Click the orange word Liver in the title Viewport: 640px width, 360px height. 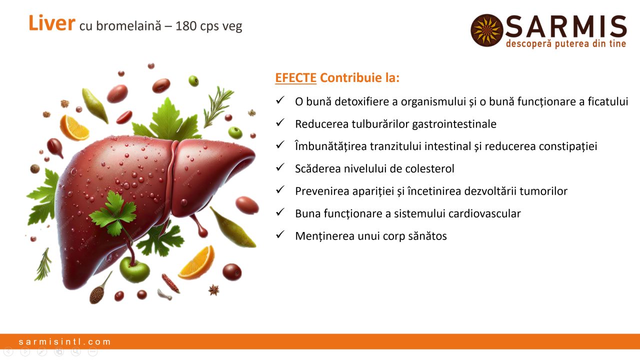tap(51, 23)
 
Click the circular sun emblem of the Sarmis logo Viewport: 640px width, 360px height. tap(486, 30)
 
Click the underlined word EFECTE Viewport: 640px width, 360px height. tap(295, 77)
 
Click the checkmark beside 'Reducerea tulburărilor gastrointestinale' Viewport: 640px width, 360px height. tap(280, 122)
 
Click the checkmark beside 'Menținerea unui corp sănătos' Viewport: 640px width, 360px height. tap(280, 234)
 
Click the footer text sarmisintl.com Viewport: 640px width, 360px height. tap(64, 341)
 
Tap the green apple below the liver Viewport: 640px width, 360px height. tap(134, 269)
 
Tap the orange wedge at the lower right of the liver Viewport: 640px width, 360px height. tap(197, 263)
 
